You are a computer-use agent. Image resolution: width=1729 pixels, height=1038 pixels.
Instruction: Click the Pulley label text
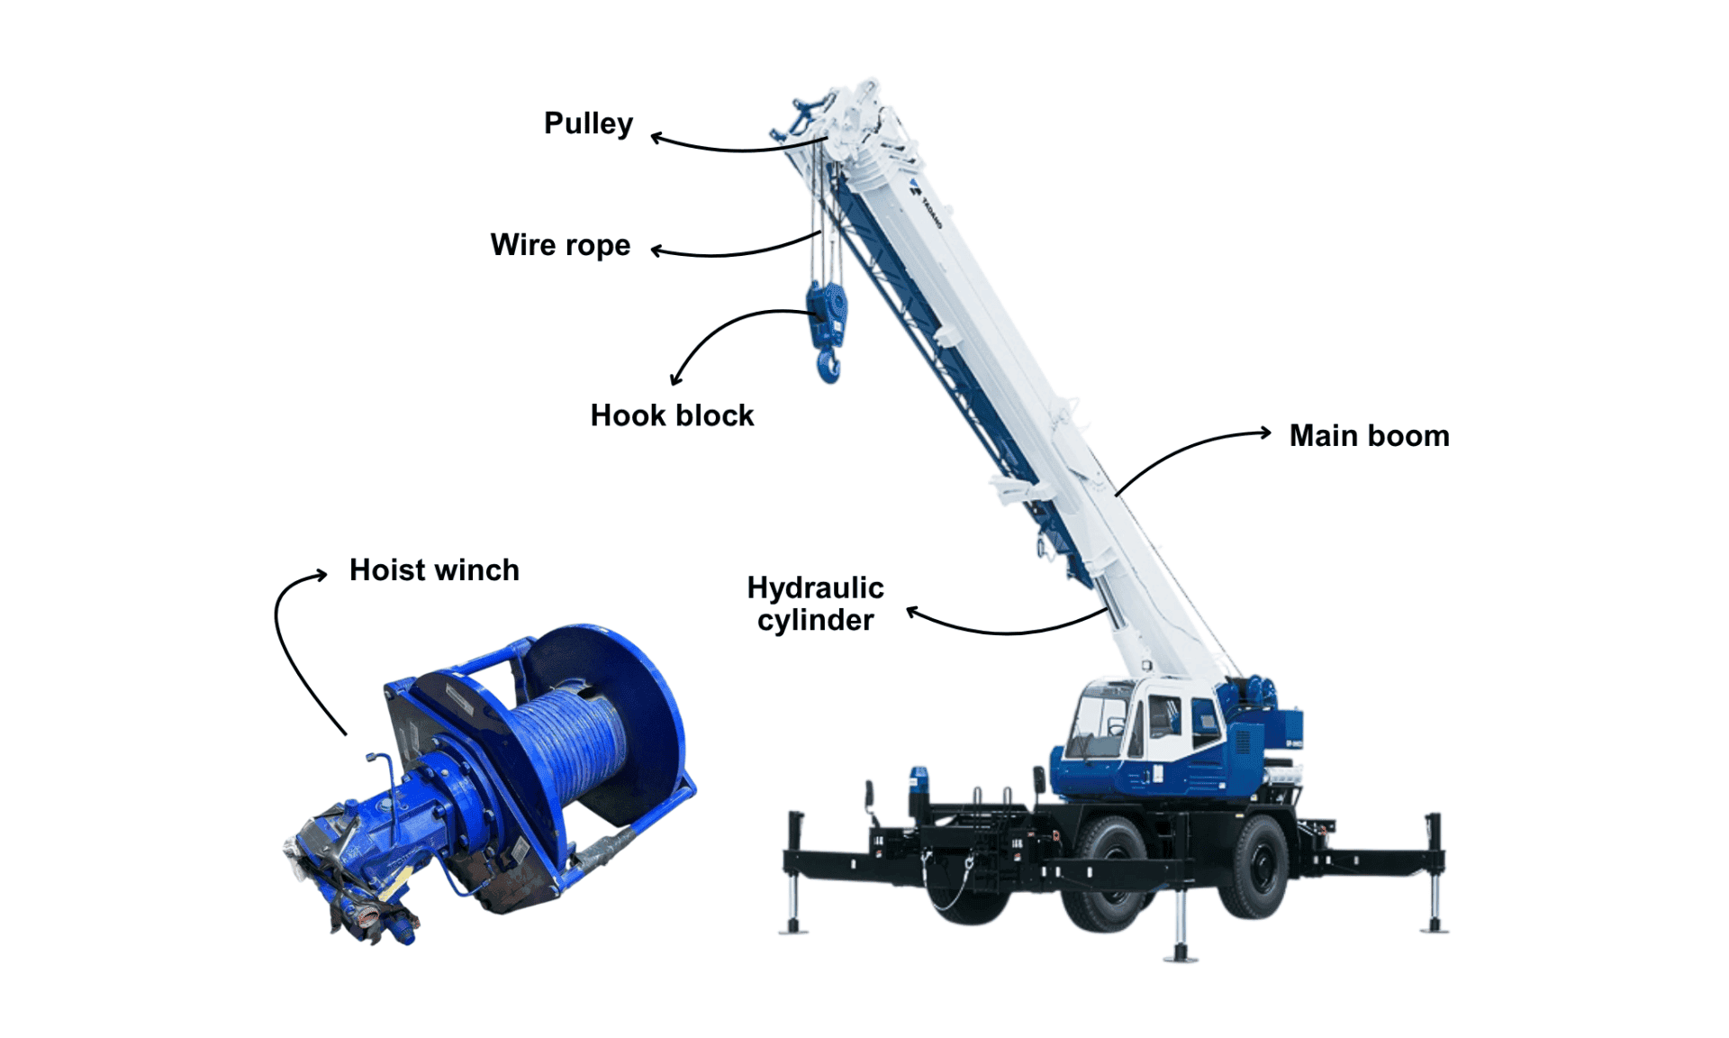588,123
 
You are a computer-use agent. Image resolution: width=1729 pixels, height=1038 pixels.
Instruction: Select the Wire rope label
560,245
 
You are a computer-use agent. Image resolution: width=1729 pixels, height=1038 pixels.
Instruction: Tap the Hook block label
672,415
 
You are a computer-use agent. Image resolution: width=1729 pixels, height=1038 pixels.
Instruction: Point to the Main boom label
1369,436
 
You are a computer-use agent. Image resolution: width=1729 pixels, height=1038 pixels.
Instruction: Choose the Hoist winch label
434,570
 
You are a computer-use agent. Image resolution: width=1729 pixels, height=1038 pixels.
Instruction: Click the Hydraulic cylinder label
815,604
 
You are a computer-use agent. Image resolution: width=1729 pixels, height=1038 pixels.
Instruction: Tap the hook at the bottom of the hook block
828,367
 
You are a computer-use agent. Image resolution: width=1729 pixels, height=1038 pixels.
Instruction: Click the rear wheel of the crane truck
1255,866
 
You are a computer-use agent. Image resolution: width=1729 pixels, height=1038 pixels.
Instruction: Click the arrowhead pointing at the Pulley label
658,138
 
